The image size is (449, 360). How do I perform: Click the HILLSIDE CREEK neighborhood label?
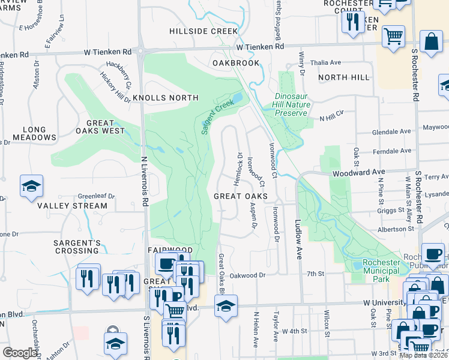point(203,31)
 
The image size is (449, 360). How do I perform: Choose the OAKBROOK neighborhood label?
point(236,63)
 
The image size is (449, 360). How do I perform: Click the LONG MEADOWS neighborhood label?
point(34,134)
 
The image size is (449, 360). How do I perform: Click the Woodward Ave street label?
point(358,172)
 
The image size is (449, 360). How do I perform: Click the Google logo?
point(20,353)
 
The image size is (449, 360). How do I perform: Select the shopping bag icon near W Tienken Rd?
point(431,41)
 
